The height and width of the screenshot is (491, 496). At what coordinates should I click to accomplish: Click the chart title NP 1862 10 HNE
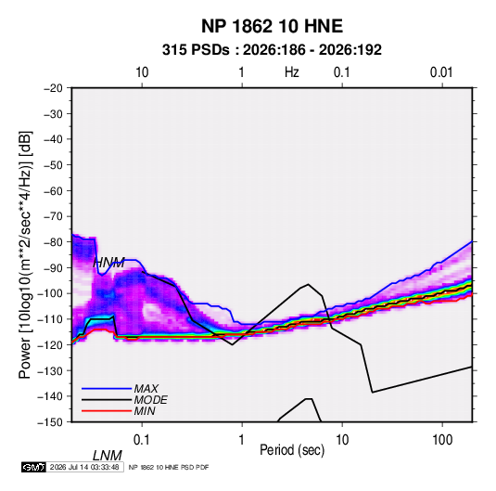(272, 26)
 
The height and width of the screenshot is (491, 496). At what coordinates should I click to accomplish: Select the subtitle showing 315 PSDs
(272, 50)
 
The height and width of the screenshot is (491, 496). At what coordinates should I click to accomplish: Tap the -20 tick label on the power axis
(53, 88)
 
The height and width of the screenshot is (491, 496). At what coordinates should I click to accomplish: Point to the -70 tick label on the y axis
(53, 216)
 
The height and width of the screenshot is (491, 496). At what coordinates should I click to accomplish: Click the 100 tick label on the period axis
(442, 439)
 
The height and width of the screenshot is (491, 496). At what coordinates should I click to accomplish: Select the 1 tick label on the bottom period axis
(242, 439)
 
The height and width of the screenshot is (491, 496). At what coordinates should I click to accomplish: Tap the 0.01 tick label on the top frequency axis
(441, 72)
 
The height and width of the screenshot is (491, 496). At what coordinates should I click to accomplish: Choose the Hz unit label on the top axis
(292, 72)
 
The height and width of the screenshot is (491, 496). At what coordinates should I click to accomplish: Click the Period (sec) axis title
(292, 450)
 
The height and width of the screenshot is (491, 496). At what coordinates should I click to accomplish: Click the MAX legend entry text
(146, 388)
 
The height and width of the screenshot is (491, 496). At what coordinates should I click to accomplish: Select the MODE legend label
(150, 400)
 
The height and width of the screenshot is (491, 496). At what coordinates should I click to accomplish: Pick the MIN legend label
(145, 411)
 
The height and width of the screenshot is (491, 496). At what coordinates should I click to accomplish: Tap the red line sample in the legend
(107, 411)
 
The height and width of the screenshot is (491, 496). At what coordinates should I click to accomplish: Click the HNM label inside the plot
(108, 263)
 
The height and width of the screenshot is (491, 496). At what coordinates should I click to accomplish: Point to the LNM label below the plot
(108, 456)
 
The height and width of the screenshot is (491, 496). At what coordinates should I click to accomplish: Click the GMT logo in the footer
(34, 467)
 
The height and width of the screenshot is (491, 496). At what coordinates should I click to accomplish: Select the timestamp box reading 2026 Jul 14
(84, 467)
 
